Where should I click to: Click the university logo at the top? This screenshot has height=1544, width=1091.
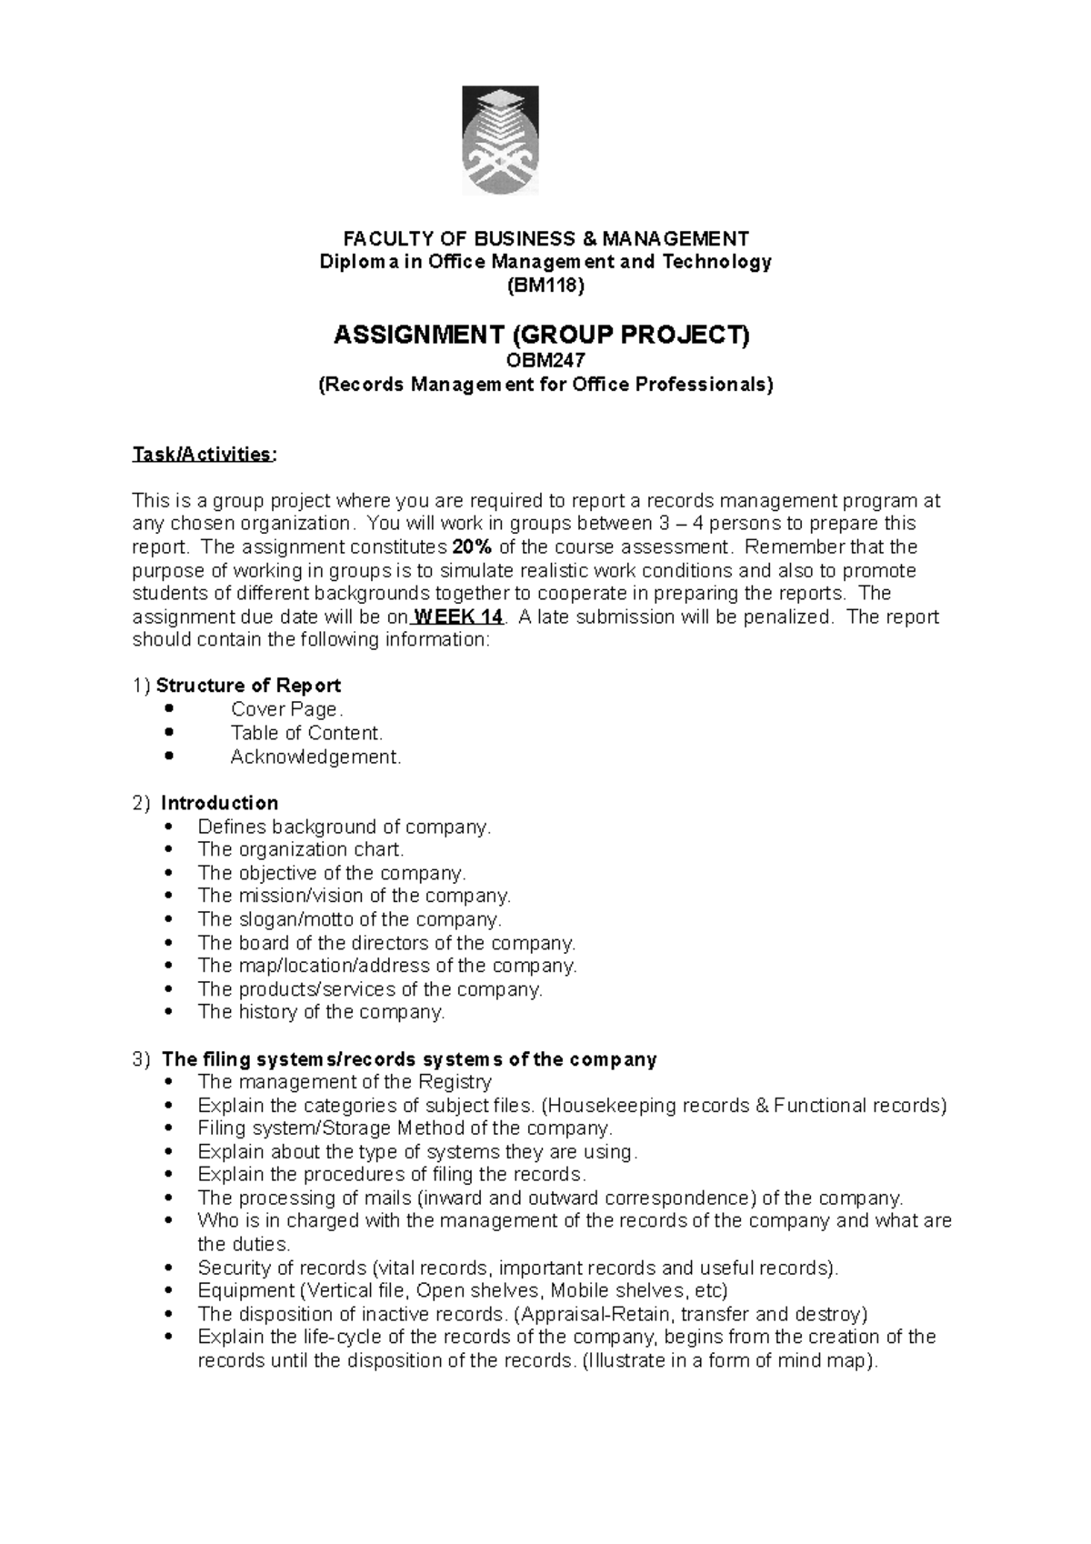point(500,140)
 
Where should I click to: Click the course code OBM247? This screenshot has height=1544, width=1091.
point(545,360)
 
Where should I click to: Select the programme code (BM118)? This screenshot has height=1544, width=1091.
point(545,286)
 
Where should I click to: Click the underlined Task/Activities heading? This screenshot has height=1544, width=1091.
point(202,454)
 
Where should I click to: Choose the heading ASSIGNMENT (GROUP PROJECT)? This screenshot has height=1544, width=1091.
point(543,336)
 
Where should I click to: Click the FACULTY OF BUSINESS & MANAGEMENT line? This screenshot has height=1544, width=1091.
point(545,239)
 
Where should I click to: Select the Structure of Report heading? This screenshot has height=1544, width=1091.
point(248,686)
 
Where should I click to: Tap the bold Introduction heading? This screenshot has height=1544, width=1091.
point(219,803)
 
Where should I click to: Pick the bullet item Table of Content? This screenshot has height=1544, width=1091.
point(306,733)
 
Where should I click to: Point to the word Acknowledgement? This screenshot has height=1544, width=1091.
point(315,757)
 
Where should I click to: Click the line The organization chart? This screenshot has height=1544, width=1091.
point(300,849)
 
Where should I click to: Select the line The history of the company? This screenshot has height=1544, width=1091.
point(321,1012)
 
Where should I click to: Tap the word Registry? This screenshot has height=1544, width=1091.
point(455,1082)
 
